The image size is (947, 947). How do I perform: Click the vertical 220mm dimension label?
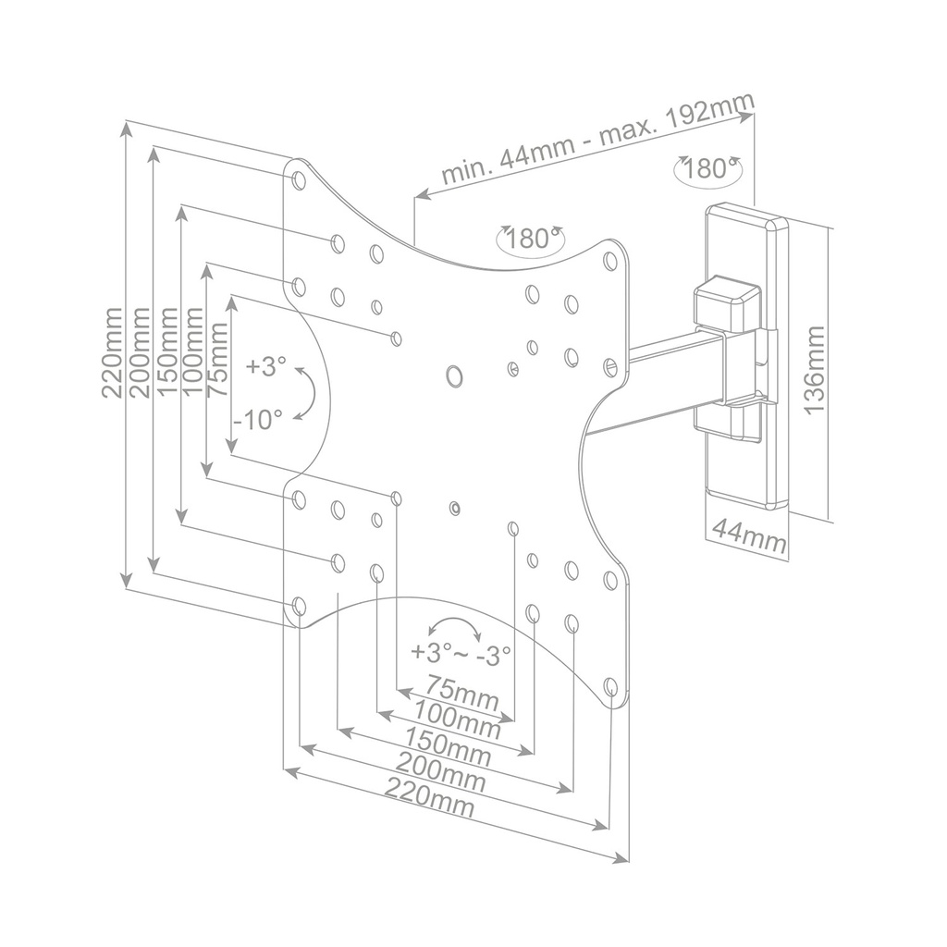tap(112, 352)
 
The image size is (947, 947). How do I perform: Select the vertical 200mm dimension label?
tap(140, 352)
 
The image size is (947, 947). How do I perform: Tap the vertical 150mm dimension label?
tap(167, 352)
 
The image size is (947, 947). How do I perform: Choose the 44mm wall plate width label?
tap(748, 535)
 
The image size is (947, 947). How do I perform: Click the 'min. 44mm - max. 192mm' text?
tap(597, 139)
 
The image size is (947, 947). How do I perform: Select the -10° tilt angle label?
tap(258, 420)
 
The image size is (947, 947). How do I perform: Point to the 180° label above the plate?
tap(529, 239)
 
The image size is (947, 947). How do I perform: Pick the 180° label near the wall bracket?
tap(709, 169)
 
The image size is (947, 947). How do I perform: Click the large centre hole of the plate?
tap(454, 375)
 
